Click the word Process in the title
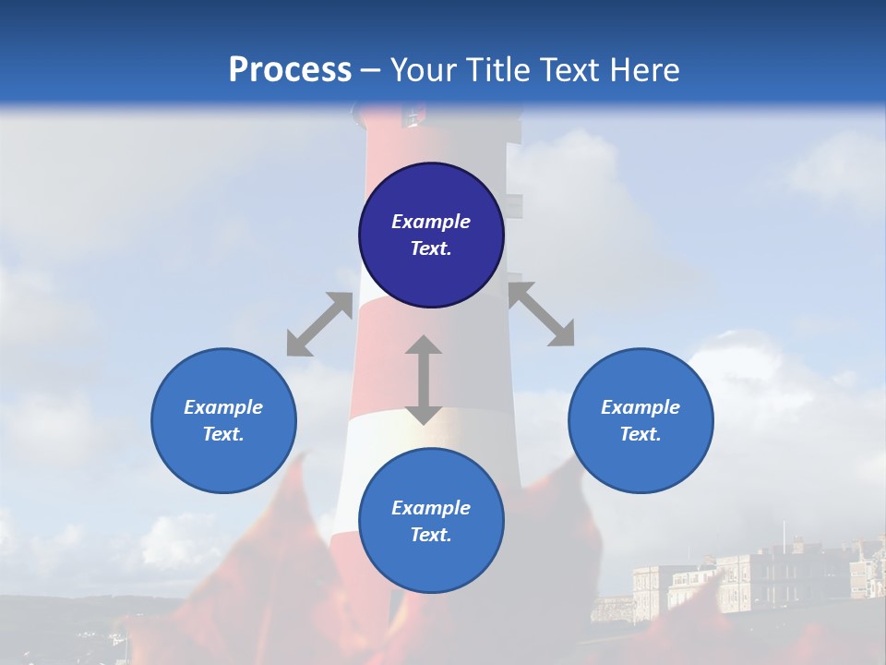[x=290, y=70]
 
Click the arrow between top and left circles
[x=319, y=324]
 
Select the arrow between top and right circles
[x=541, y=314]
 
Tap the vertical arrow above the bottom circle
[x=424, y=380]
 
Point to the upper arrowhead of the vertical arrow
[x=424, y=345]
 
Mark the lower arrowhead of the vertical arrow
[x=424, y=415]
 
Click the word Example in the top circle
[x=431, y=222]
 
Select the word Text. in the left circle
[x=223, y=434]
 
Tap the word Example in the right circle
[x=641, y=407]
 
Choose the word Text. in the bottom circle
[x=431, y=535]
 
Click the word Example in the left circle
[x=223, y=407]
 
